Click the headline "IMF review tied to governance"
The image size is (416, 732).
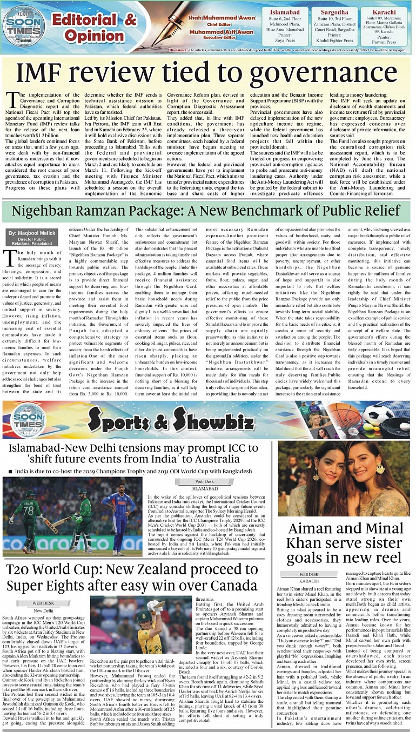(207, 73)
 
